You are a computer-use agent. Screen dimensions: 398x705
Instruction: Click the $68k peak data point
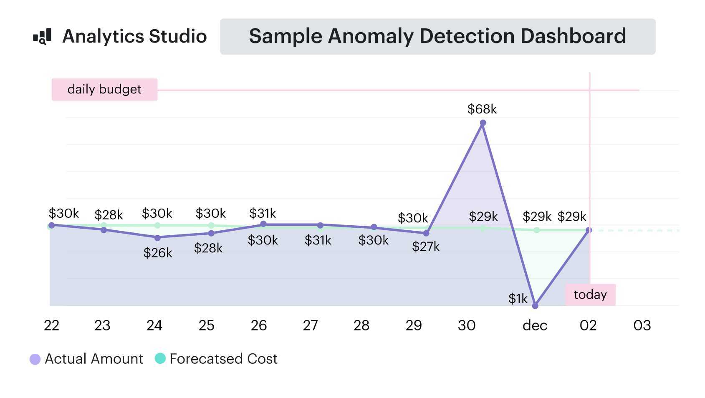point(483,123)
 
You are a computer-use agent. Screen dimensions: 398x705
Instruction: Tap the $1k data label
point(518,298)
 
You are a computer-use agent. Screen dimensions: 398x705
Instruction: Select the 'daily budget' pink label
point(104,89)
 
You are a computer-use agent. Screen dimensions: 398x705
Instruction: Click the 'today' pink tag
point(590,295)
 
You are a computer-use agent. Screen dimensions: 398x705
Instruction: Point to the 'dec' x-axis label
point(535,325)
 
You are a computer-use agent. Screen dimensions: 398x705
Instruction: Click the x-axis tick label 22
point(51,325)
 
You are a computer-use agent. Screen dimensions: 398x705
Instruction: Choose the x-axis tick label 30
point(466,325)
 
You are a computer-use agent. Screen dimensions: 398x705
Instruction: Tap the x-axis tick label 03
point(642,325)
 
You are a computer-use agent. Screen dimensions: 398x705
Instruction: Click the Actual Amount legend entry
point(86,359)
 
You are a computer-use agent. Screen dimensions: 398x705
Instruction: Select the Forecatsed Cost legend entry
point(216,359)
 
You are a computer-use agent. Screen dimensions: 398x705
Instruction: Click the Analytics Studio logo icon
point(42,36)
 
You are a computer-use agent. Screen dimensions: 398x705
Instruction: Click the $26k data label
point(157,253)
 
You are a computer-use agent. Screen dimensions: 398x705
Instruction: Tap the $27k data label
point(425,247)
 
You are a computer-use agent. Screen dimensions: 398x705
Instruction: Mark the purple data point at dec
point(535,306)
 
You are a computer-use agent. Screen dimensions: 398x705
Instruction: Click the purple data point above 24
point(157,238)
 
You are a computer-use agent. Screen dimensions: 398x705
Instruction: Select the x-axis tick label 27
point(310,325)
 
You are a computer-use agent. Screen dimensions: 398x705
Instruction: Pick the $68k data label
point(482,109)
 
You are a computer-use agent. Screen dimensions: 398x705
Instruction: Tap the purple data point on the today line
point(589,230)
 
